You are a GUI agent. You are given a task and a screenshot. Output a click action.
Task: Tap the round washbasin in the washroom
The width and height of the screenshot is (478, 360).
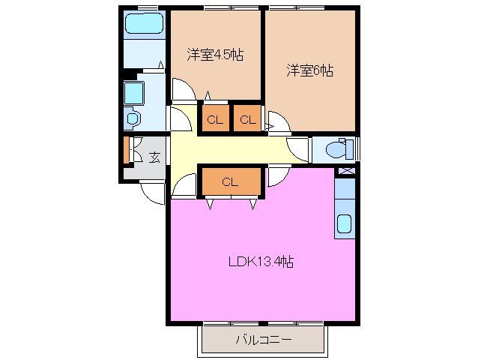133,118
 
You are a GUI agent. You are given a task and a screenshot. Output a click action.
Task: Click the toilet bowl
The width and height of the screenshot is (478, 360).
337,149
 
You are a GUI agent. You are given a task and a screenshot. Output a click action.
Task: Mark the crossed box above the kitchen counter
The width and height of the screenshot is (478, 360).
345,171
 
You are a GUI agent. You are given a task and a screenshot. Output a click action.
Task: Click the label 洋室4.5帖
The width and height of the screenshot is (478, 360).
214,55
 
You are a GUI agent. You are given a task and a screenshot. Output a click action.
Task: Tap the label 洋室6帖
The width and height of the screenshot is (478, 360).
309,70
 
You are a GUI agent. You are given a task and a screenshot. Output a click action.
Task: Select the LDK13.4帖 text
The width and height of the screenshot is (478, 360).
260,262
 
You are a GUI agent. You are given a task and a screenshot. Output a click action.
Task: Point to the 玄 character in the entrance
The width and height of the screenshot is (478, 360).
154,157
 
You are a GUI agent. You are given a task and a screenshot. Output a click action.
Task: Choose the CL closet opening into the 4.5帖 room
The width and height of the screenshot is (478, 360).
214,118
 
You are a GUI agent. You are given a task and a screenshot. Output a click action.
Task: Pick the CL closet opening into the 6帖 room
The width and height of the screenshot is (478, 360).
247,118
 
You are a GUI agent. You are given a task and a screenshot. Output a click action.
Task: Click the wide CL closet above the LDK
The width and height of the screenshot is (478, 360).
230,181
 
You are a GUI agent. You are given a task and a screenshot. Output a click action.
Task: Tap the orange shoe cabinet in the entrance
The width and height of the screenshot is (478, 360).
127,150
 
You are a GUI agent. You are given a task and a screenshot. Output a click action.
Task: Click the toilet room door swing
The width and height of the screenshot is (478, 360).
298,149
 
